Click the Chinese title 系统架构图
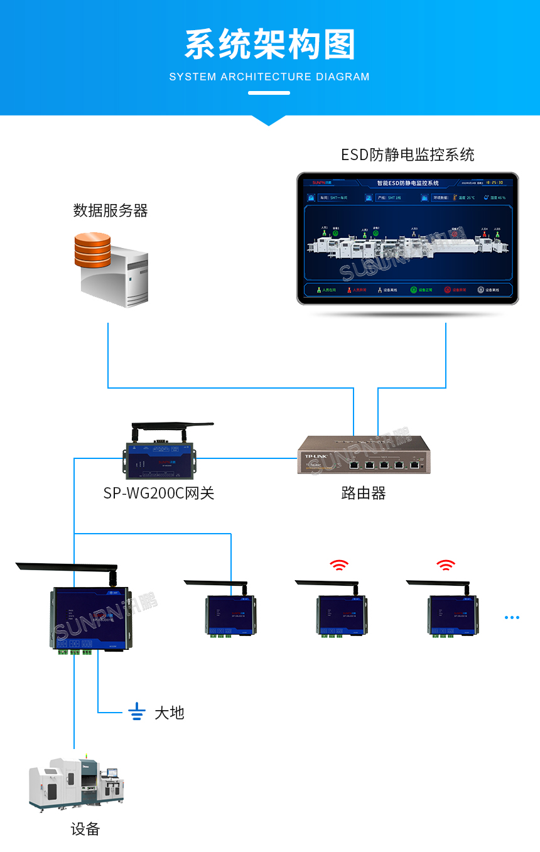[269, 45]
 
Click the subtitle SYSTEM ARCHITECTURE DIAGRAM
[269, 77]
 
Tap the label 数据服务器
[111, 211]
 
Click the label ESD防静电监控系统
[408, 155]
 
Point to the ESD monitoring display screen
[408, 239]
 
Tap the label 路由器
[363, 493]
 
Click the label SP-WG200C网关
[159, 493]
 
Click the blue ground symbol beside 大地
[137, 711]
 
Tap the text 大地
[170, 713]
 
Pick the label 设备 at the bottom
[85, 829]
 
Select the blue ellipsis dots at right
[512, 617]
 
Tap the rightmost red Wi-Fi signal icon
[446, 565]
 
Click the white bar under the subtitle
[269, 93]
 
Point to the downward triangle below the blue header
[269, 120]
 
